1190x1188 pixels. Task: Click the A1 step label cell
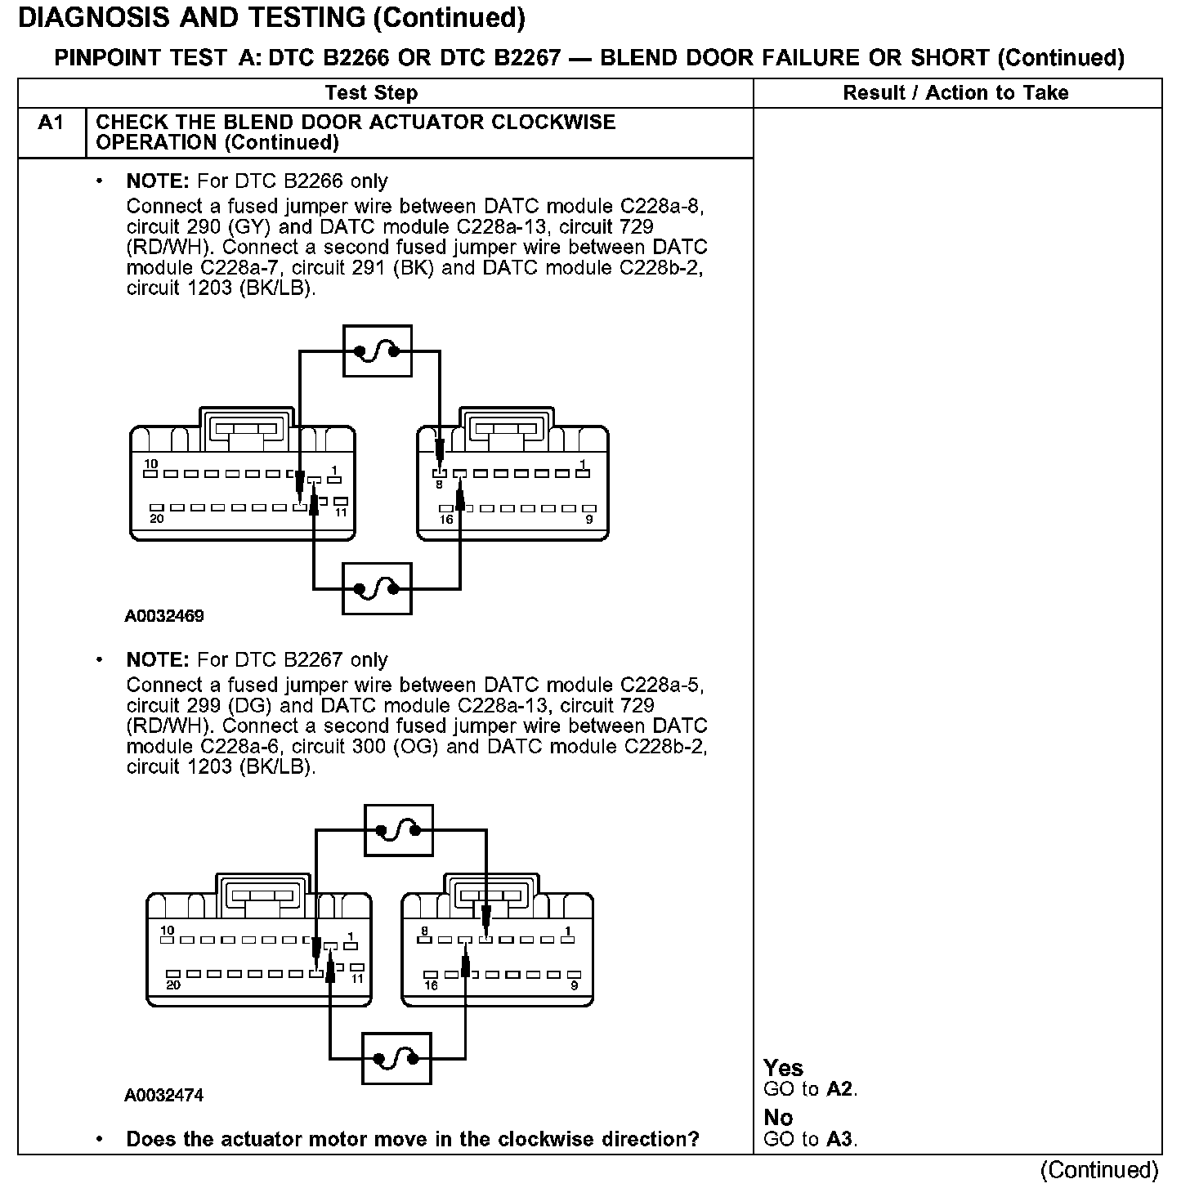point(51,123)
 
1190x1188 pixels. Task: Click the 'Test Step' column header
point(371,93)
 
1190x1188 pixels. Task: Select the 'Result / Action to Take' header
point(955,93)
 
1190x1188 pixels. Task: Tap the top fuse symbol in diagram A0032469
point(377,351)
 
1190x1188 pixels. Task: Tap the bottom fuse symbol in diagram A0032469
point(377,588)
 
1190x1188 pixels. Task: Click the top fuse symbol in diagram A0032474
point(398,830)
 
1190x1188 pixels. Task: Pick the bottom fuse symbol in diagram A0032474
point(396,1059)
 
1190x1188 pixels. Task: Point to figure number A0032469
point(164,616)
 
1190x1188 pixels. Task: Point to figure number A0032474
point(164,1095)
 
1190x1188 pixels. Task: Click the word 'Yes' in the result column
point(783,1068)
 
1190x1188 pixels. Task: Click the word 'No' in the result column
point(778,1117)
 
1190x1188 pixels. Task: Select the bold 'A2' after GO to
point(840,1089)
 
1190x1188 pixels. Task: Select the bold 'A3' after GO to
point(840,1139)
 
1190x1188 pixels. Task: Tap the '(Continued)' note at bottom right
point(1099,1170)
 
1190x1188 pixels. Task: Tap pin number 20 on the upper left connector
point(156,518)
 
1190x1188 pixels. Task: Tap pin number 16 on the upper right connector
point(446,519)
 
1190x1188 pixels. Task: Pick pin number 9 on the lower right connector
point(574,985)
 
